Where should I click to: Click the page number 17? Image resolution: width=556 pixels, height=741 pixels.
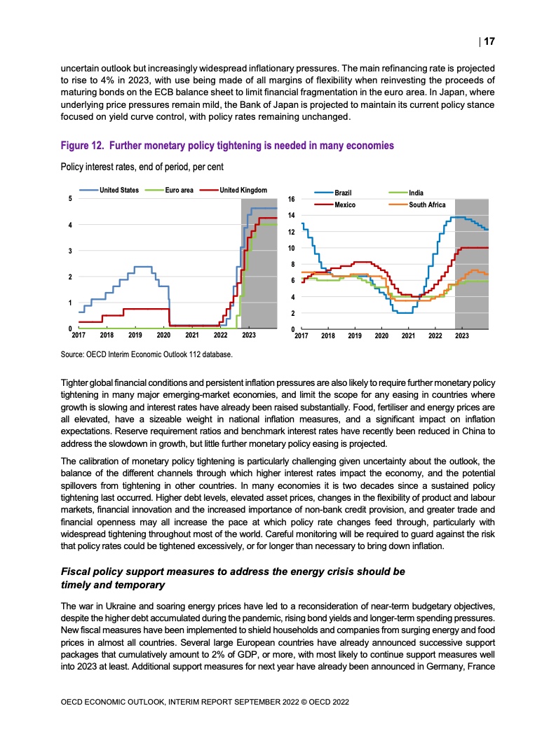pyautogui.click(x=489, y=41)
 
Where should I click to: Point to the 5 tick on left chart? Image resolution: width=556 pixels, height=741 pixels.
pyautogui.click(x=70, y=198)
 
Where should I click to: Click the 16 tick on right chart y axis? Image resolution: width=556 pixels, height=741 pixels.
pyautogui.click(x=292, y=199)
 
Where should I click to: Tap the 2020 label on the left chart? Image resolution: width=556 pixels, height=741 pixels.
pyautogui.click(x=163, y=335)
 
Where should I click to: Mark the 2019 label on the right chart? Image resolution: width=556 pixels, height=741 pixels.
pyautogui.click(x=354, y=335)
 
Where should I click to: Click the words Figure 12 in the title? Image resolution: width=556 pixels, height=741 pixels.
pyautogui.click(x=82, y=146)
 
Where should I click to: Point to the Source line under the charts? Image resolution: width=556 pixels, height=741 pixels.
pyautogui.click(x=147, y=354)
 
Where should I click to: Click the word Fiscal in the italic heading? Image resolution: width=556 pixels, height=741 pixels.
pyautogui.click(x=75, y=572)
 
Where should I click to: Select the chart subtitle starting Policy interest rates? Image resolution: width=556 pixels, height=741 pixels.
pyautogui.click(x=142, y=167)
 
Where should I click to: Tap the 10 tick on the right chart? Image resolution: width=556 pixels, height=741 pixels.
pyautogui.click(x=292, y=248)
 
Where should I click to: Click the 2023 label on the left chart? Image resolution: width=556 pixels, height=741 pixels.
pyautogui.click(x=248, y=335)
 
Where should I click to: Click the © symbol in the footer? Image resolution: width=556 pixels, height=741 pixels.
pyautogui.click(x=304, y=702)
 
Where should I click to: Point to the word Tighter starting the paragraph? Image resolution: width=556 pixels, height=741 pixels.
pyautogui.click(x=74, y=383)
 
